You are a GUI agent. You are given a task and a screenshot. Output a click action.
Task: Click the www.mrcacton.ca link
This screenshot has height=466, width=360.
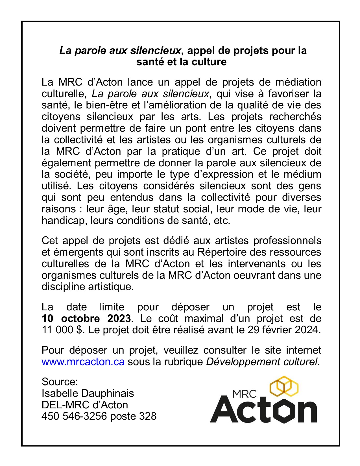(x=83, y=362)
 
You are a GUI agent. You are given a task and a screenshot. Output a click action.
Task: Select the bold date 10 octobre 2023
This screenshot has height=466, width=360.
(x=86, y=319)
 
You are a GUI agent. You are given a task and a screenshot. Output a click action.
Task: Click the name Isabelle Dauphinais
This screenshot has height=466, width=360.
(x=88, y=393)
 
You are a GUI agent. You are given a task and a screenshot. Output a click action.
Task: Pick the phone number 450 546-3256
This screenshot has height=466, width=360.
(x=74, y=416)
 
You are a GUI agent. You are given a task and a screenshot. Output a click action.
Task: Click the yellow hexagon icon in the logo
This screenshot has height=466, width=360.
(x=284, y=386)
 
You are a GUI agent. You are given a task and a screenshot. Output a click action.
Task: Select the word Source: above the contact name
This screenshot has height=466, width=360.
(x=60, y=382)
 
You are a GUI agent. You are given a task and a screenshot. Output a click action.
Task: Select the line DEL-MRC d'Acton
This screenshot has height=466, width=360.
(x=85, y=405)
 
